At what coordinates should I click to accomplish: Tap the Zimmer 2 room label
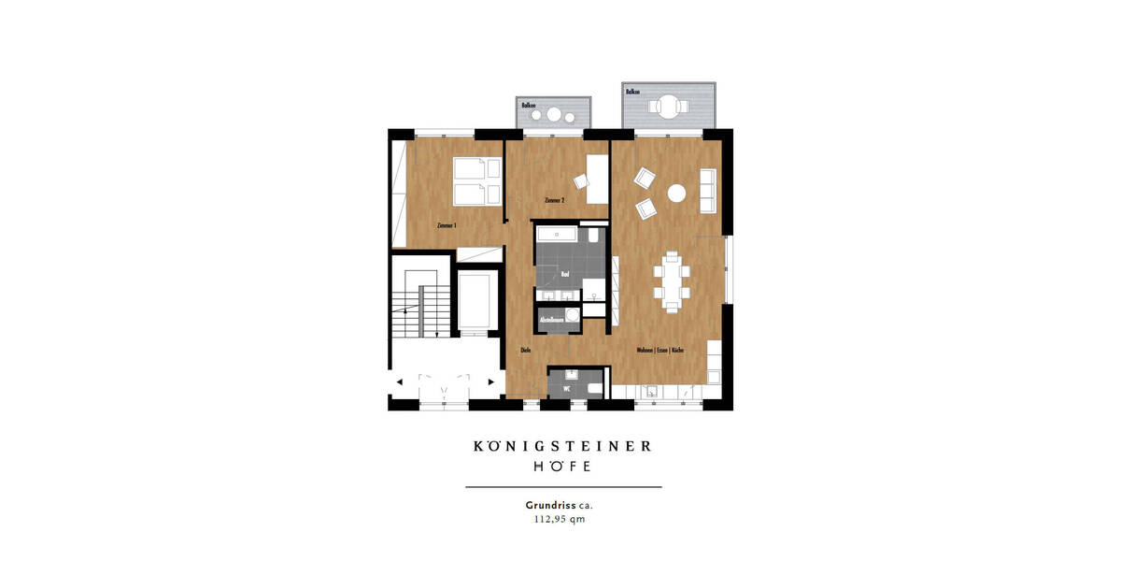pos(554,201)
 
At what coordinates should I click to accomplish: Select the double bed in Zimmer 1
pos(476,181)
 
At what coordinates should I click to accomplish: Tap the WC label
pos(566,389)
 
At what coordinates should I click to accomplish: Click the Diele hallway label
pos(524,351)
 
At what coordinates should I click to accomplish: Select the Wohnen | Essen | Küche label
pos(660,351)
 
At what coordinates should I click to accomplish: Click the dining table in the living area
pos(672,279)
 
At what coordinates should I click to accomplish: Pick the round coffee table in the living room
pos(676,194)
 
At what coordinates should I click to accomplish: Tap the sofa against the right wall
pos(708,191)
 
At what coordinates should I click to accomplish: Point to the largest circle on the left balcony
pos(554,117)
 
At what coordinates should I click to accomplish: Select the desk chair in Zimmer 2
pos(580,183)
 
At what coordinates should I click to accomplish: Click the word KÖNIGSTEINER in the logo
pos(562,446)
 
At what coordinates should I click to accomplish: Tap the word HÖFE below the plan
pos(561,466)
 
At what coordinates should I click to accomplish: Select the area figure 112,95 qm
pos(560,520)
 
